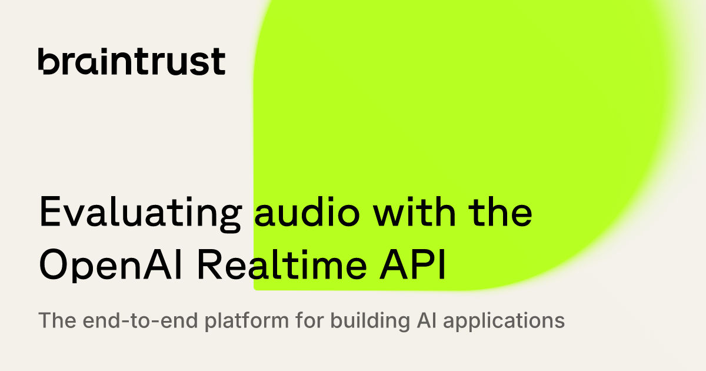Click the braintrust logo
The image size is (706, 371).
132,61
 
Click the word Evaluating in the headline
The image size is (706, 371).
141,214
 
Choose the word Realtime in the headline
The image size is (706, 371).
282,264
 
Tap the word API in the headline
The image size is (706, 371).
412,264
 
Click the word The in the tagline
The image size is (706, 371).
57,320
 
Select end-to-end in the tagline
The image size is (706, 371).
141,320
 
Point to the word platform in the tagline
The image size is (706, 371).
247,322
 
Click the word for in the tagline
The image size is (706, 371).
310,320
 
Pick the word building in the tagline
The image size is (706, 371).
370,322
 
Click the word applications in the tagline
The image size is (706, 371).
504,322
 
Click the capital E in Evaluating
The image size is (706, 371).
50,211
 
